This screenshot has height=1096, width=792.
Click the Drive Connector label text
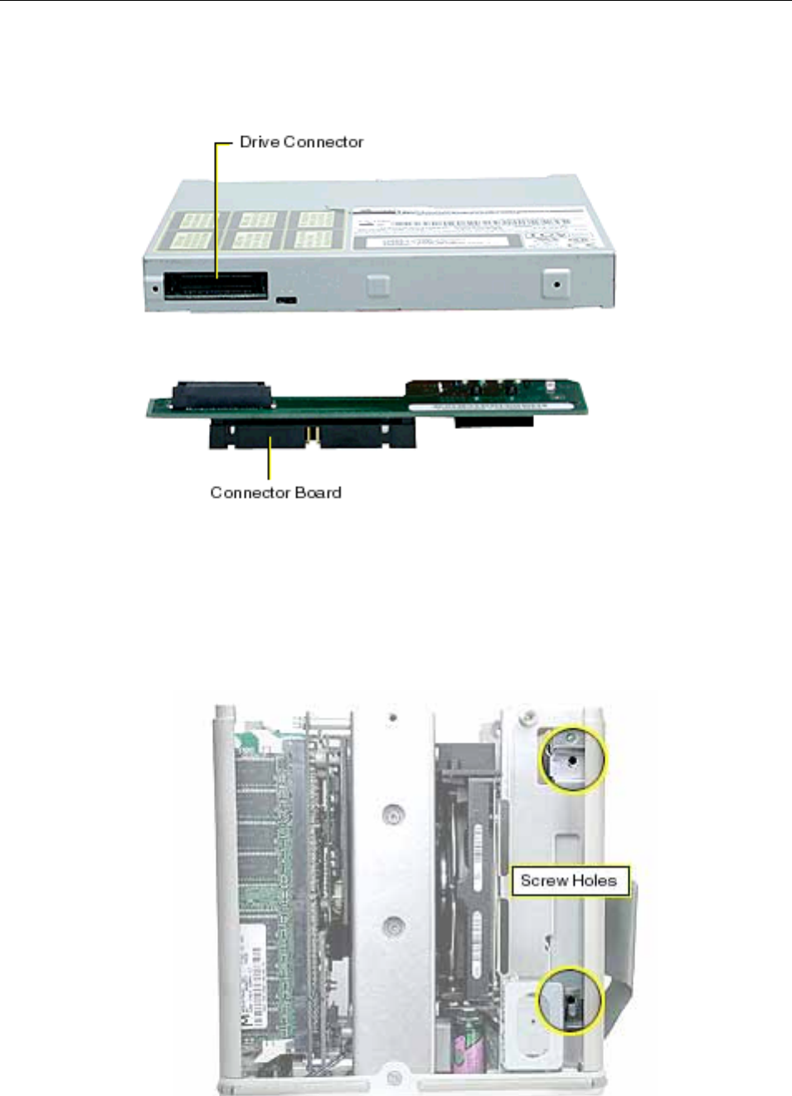(x=301, y=142)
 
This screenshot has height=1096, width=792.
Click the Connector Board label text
(x=275, y=492)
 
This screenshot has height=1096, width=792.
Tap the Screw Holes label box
(x=569, y=880)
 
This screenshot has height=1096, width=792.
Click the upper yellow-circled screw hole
(x=572, y=758)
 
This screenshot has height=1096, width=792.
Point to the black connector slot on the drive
(x=216, y=285)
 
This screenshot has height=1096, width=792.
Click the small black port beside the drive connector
(x=286, y=298)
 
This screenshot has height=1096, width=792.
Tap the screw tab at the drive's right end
(x=556, y=284)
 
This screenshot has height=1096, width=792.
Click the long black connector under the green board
(x=311, y=432)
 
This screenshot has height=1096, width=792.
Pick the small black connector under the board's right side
(x=493, y=421)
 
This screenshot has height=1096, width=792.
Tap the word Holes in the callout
(x=594, y=880)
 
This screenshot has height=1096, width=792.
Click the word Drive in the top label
(x=259, y=142)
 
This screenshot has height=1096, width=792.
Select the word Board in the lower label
(x=318, y=492)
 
